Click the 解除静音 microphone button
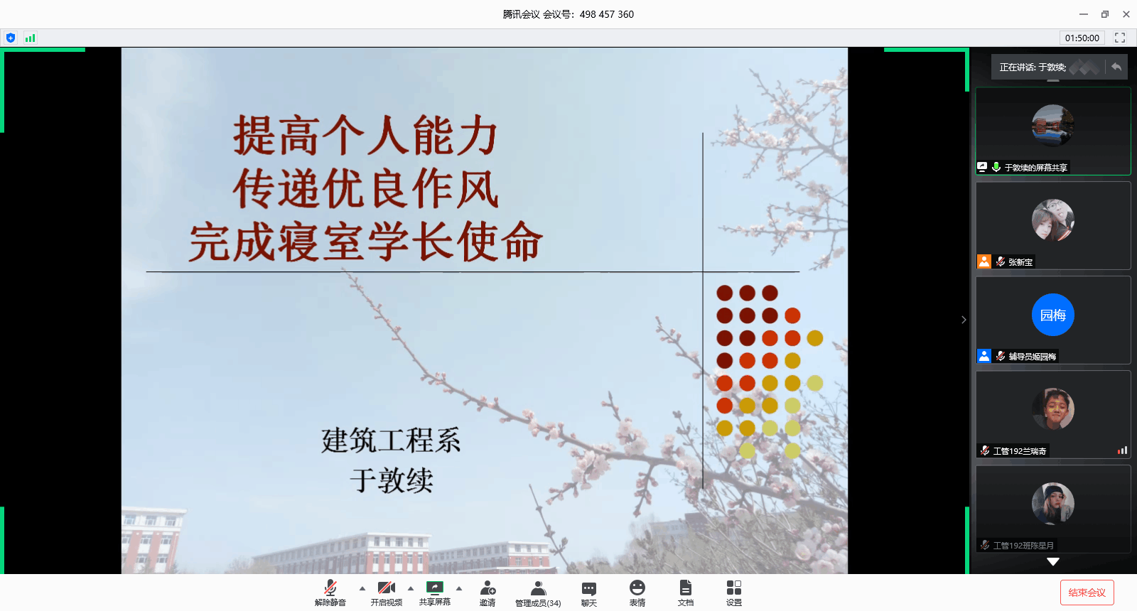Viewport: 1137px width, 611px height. tap(330, 593)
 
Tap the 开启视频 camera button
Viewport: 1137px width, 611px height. tap(387, 593)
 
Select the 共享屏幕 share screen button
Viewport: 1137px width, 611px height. tap(434, 593)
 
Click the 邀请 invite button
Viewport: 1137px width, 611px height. tap(487, 593)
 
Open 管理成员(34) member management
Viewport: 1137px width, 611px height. tap(538, 593)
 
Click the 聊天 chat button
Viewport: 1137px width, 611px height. tap(589, 593)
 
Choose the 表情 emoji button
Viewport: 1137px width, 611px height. tap(637, 593)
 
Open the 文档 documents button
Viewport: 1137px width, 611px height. tap(685, 593)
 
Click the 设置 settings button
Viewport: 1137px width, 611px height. tap(734, 593)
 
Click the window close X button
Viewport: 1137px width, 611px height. tap(1126, 14)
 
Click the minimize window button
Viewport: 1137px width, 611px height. tap(1083, 14)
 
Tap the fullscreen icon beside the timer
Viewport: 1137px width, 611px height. tap(1120, 38)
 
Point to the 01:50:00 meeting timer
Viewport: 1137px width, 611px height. tap(1082, 38)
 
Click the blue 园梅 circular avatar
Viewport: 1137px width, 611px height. tap(1052, 315)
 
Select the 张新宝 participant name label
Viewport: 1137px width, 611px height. tap(1020, 262)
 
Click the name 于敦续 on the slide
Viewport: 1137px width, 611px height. tap(392, 480)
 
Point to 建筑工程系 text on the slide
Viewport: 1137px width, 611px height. tap(391, 440)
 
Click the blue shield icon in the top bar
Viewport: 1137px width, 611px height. tap(11, 38)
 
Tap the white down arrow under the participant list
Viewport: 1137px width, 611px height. tap(1052, 562)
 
